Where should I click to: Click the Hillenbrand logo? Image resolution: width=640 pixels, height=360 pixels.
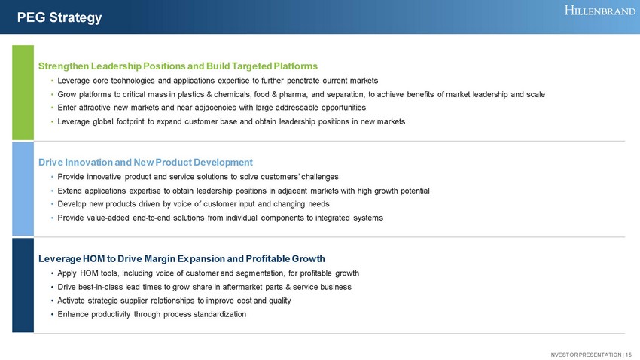(600, 11)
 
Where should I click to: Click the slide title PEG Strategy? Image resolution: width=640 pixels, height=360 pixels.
(59, 17)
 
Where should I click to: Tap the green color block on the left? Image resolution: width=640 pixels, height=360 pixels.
(23, 93)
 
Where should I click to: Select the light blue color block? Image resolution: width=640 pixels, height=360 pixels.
(23, 189)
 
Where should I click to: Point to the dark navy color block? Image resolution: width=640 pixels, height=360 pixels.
(23, 285)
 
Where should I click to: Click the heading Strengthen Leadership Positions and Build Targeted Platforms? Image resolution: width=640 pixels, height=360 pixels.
(178, 66)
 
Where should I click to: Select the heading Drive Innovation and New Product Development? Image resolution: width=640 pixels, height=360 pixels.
(146, 163)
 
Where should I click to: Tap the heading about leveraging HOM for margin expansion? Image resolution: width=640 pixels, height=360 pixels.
(181, 259)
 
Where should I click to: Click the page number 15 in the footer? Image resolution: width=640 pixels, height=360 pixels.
(628, 355)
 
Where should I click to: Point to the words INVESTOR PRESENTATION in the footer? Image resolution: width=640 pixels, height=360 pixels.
(585, 355)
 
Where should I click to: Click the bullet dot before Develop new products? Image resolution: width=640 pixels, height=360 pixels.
(53, 205)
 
